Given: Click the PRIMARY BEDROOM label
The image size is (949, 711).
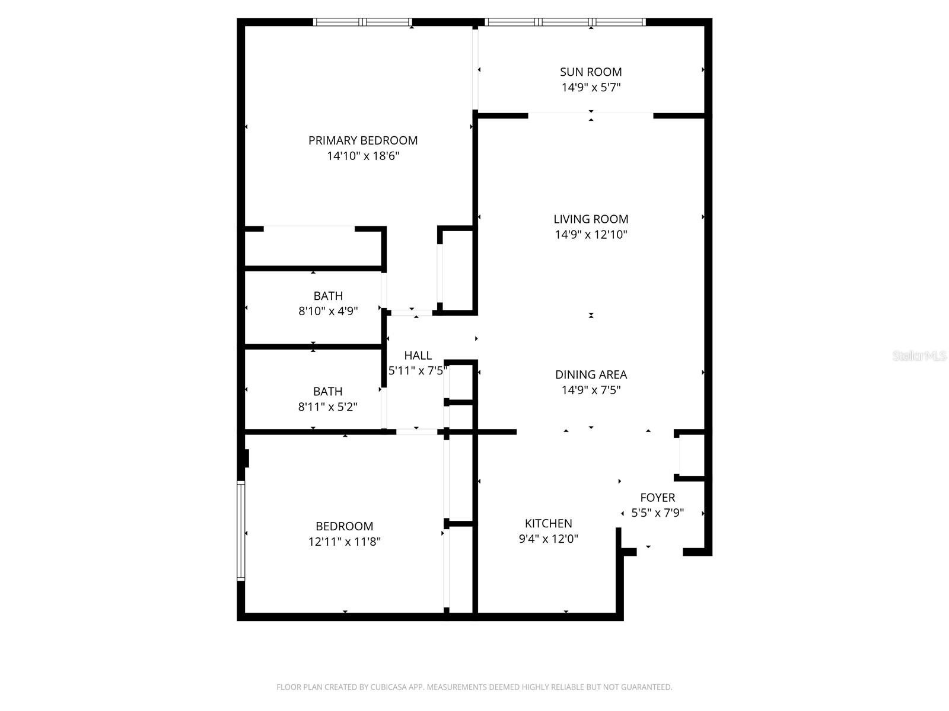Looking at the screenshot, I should (x=362, y=140).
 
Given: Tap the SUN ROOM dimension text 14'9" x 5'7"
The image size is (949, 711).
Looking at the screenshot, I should (x=591, y=88).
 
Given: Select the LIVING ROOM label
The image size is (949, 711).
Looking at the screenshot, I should (x=591, y=219).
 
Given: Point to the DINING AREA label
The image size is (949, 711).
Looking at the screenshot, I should (x=591, y=374).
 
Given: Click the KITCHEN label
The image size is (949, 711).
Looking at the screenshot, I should (x=548, y=523).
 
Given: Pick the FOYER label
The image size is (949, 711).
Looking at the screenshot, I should (x=657, y=498).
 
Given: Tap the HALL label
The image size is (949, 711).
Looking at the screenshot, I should (x=418, y=355).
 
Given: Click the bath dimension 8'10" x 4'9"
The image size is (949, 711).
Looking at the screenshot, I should (x=328, y=311).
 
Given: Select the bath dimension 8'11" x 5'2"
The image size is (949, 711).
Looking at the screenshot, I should (x=327, y=407).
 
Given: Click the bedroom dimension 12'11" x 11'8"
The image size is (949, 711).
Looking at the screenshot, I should (x=344, y=542).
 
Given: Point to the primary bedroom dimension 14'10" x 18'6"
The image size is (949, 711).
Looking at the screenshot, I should (x=362, y=156).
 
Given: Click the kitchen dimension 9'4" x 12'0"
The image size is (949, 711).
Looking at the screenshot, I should (x=548, y=539).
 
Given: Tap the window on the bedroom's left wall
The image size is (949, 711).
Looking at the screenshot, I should (x=241, y=530).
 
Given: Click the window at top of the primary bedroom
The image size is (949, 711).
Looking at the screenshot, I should (x=362, y=23).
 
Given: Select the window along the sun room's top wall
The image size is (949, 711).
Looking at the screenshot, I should (x=565, y=23).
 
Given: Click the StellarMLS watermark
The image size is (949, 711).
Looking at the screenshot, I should (x=919, y=356).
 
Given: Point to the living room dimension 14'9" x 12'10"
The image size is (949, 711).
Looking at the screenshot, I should (x=591, y=235).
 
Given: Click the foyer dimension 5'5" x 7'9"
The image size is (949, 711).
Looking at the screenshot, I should (x=657, y=513).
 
